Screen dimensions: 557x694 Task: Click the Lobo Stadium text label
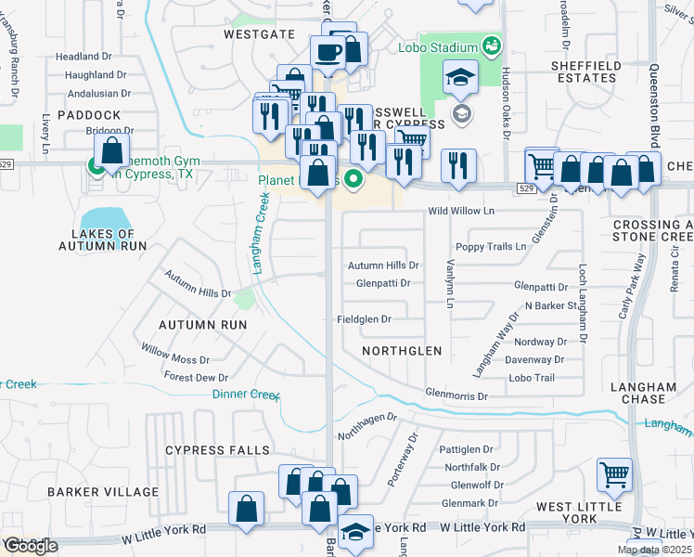coord(438,46)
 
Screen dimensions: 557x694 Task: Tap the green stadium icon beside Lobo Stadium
coord(492,45)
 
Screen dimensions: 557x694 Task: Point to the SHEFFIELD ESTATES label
coord(583,71)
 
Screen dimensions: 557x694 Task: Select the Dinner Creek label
coord(246,395)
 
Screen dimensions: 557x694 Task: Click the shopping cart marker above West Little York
coord(614,475)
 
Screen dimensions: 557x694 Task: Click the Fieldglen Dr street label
coord(364,319)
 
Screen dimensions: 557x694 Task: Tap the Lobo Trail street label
coord(532,378)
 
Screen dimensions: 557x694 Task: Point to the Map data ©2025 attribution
coord(652,550)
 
